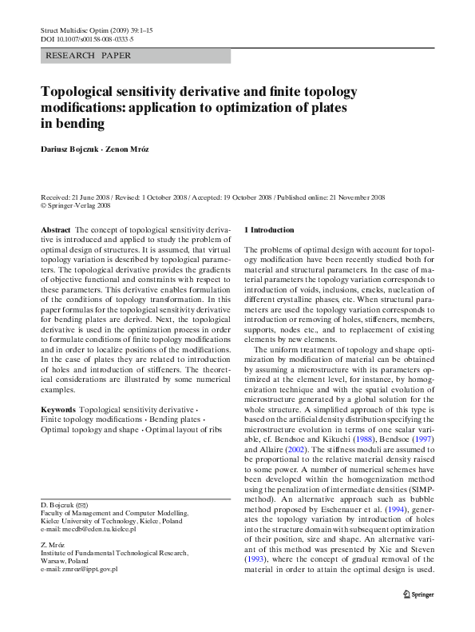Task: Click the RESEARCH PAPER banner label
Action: pos(89,56)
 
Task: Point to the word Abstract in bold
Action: pos(55,229)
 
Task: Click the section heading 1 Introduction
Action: pos(268,229)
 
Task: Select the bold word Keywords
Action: pos(59,408)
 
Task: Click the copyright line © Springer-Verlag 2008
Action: pos(75,205)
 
